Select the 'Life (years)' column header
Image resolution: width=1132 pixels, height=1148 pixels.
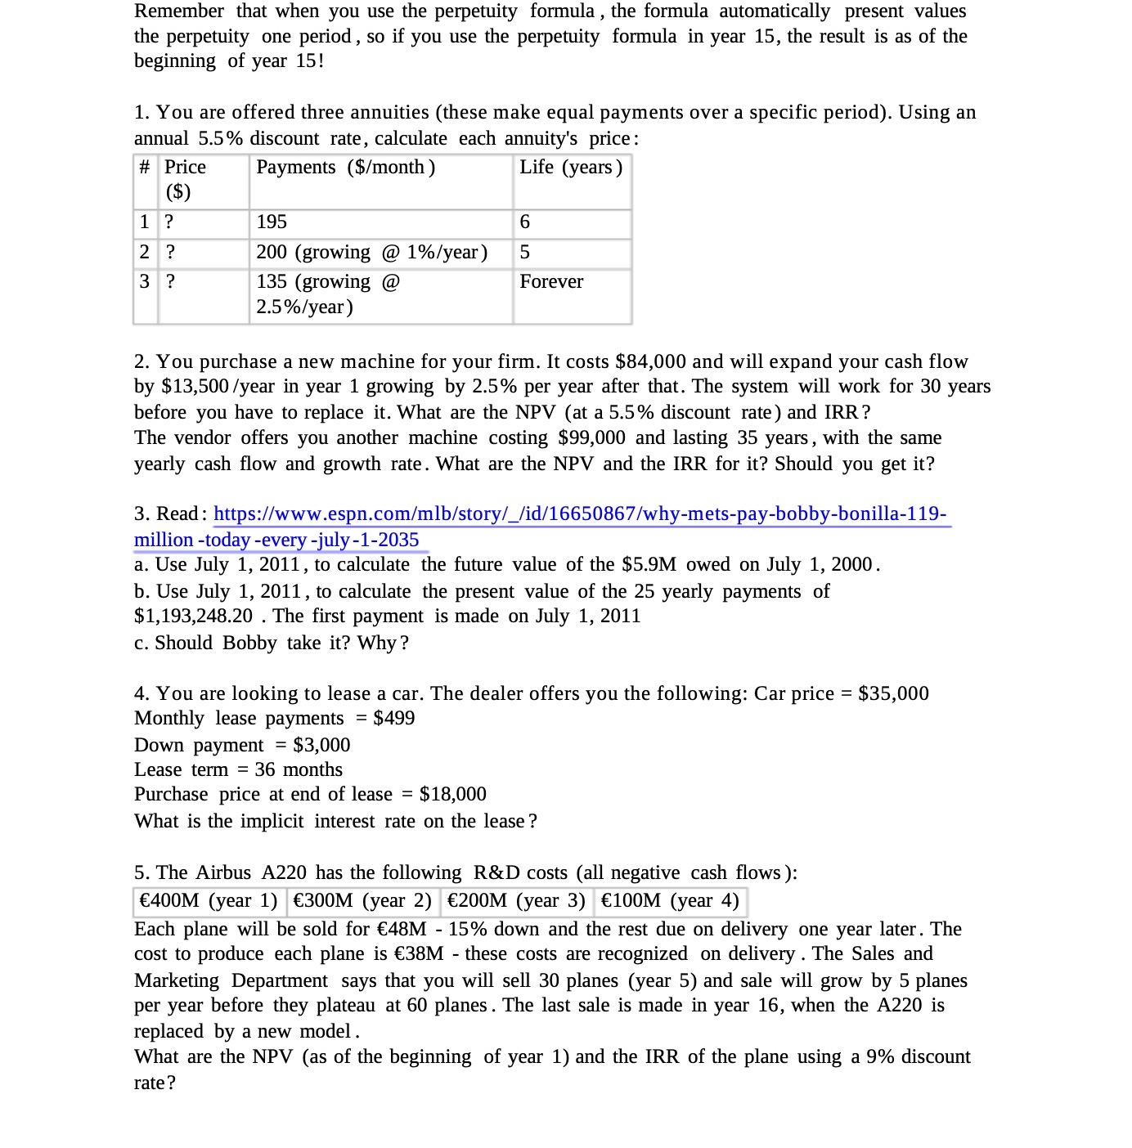(571, 168)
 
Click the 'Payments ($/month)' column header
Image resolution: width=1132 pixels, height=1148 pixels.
(345, 168)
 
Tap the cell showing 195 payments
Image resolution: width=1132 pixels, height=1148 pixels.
(272, 222)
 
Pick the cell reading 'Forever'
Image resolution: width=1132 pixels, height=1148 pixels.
(551, 282)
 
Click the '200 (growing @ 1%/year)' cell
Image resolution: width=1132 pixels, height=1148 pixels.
(371, 253)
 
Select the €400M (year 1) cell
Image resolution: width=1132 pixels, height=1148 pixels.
(209, 901)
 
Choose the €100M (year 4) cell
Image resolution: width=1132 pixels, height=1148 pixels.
(670, 901)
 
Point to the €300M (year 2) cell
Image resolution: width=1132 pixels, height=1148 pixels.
(362, 901)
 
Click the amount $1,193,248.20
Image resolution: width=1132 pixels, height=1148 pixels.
(194, 617)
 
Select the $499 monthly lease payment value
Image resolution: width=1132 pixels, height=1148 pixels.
(393, 719)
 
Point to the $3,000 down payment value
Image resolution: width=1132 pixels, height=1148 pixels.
(321, 746)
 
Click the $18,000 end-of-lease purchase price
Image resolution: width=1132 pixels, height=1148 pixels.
(452, 795)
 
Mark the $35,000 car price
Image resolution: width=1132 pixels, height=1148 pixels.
(893, 694)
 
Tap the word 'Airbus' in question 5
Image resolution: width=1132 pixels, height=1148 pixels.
(223, 873)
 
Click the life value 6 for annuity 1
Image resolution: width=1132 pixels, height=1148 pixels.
(525, 222)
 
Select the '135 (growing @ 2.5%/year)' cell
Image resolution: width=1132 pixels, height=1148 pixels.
(328, 294)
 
